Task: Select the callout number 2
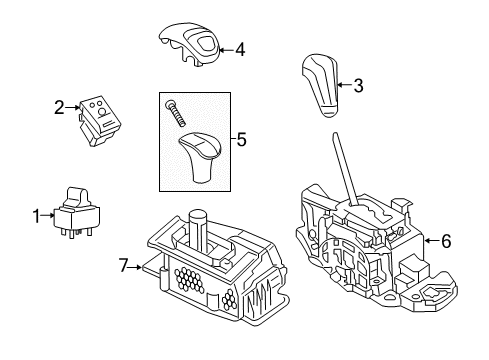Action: (x=59, y=107)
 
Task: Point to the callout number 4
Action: (x=240, y=48)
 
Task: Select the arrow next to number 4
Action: (x=226, y=48)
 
